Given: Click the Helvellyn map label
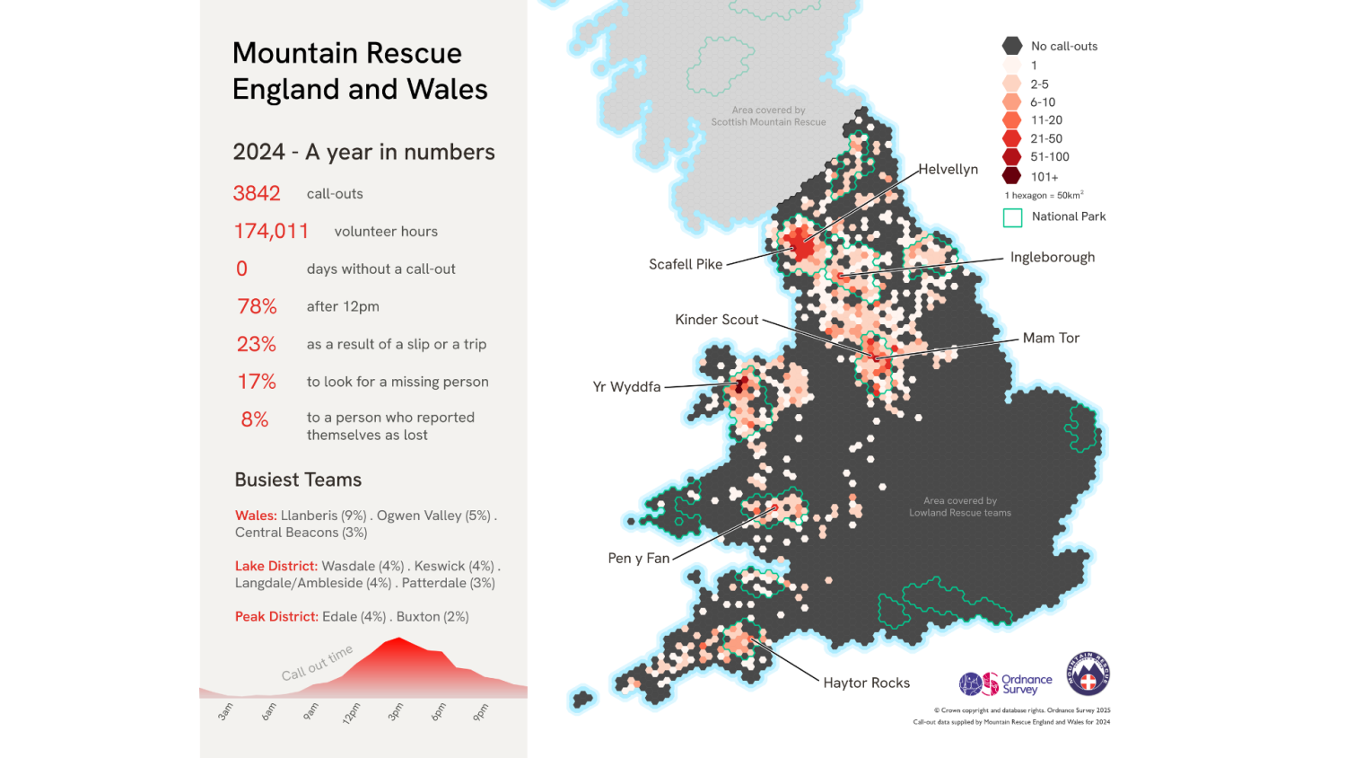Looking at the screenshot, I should (x=948, y=169).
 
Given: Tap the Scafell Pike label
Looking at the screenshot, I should (x=686, y=264).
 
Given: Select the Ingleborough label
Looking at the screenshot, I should (x=1052, y=257).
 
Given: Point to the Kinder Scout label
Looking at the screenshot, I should (x=716, y=320).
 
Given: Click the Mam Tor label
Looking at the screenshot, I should (x=1051, y=338).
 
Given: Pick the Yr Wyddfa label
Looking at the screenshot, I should (x=626, y=387).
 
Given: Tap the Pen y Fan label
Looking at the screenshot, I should (x=639, y=558).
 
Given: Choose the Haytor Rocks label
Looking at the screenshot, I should (x=866, y=683).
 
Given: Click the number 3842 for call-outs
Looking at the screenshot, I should (x=257, y=193).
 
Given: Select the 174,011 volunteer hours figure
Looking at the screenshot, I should (x=271, y=231).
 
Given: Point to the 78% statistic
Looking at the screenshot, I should (x=257, y=306).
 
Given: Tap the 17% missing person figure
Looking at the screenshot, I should (x=257, y=382).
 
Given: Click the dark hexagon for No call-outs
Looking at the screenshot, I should (x=1012, y=46).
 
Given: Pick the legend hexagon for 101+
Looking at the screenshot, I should (x=1012, y=176).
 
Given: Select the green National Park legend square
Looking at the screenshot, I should (x=1012, y=217).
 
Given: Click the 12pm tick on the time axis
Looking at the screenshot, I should (x=352, y=713).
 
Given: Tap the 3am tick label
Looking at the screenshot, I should (x=225, y=712).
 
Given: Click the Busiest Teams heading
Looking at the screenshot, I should (x=298, y=480).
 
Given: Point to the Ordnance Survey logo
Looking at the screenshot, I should (x=1005, y=684).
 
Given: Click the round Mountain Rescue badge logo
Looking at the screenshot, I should (x=1088, y=674).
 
